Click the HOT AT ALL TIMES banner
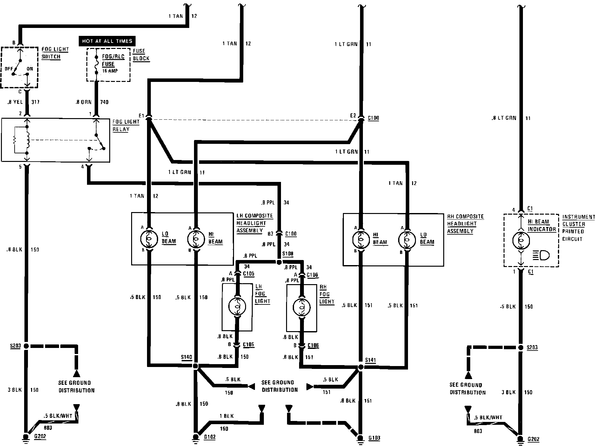pos(107,41)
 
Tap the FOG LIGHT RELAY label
pos(126,125)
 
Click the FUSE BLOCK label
pos(141,55)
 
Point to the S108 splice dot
pos(279,262)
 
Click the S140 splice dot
pos(196,366)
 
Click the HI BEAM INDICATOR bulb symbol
pos(521,241)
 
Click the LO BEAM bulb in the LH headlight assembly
pos(148,239)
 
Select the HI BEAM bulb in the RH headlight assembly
pos(360,239)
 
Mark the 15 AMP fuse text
pos(110,71)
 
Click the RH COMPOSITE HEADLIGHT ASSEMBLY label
pos(465,224)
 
